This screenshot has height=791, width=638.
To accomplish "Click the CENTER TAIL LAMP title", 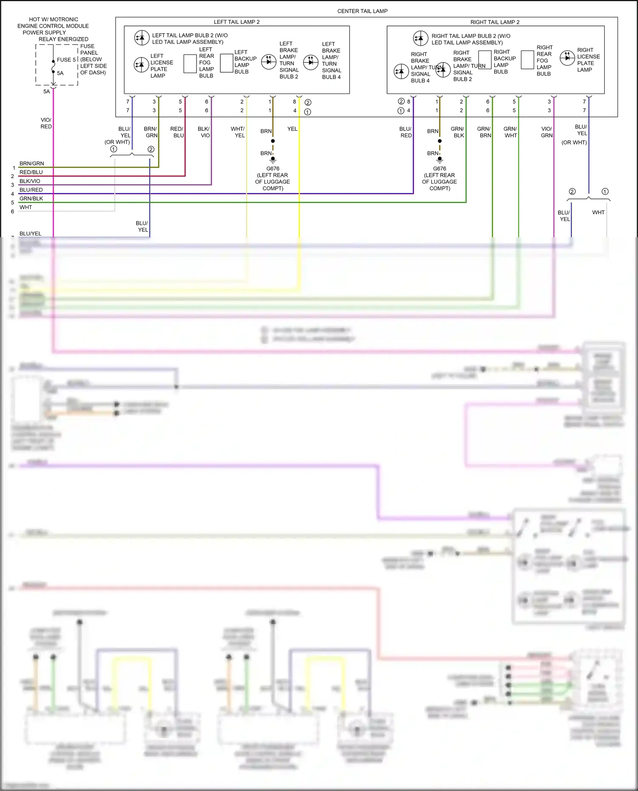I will pos(362,11).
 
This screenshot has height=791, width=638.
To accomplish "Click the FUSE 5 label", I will pos(66,60).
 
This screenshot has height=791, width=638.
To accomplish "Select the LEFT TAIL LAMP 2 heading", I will pos(236,22).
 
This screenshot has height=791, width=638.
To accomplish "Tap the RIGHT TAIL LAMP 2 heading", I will pos(495,22).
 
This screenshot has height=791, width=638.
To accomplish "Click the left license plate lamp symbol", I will pos(141,65).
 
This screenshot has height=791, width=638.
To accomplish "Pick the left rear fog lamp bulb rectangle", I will pos(190,64).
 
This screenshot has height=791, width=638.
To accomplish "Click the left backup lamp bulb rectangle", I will pos(227,63).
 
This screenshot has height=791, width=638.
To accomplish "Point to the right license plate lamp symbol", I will pos(567,58).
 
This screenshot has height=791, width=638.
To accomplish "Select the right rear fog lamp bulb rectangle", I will pos(527,60).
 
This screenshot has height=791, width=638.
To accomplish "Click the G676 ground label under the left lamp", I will pos(273,169).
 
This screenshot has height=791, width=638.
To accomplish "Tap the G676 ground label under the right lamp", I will pos(439,169).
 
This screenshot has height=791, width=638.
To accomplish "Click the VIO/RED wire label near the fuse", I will pos(46,123).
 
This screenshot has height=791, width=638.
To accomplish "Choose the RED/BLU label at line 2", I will pos(31,172).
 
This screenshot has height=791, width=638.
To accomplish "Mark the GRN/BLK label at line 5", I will pos(31,198).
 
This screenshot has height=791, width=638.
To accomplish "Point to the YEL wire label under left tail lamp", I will pos(292,129).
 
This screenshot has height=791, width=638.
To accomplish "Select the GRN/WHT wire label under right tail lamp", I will pos(510,132).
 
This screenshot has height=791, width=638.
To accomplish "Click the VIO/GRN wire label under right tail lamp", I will pos(547,132).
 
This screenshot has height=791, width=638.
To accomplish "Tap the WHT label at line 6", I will pos(26,207).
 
